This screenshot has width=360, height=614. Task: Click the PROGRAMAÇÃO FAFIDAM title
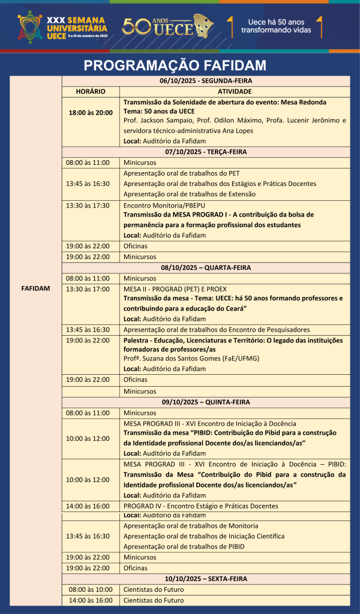pyautogui.click(x=175, y=65)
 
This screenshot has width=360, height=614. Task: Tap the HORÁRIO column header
pyautogui.click(x=91, y=91)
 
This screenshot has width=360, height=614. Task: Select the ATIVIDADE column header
pyautogui.click(x=235, y=91)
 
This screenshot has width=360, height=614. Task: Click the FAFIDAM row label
pyautogui.click(x=35, y=288)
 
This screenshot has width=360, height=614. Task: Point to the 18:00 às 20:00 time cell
pyautogui.click(x=91, y=112)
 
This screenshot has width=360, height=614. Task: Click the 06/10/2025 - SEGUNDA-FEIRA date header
pyautogui.click(x=206, y=80)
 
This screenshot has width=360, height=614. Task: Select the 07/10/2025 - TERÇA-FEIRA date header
pyautogui.click(x=206, y=152)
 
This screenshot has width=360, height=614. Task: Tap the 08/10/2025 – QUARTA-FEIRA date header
pyautogui.click(x=206, y=267)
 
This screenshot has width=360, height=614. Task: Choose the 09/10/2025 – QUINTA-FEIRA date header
pyautogui.click(x=206, y=402)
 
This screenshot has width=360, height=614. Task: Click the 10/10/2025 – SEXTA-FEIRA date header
pyautogui.click(x=206, y=579)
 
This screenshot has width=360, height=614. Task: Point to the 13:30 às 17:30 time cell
pyautogui.click(x=88, y=205)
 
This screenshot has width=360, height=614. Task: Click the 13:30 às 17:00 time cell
pyautogui.click(x=88, y=288)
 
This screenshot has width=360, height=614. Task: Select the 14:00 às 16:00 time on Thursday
pyautogui.click(x=88, y=506)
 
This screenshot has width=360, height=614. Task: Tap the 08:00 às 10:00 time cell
pyautogui.click(x=91, y=589)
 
